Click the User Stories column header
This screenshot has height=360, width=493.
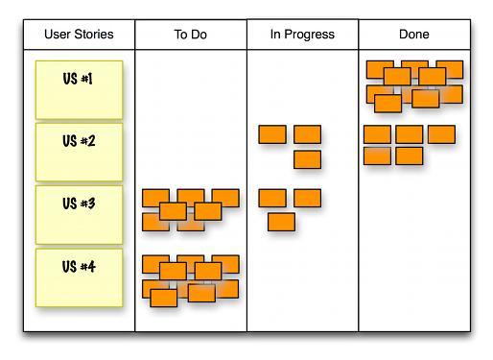point(79,35)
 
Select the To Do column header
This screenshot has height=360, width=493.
point(191,35)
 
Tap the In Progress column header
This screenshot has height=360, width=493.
point(302,35)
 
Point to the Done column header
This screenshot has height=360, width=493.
point(413,35)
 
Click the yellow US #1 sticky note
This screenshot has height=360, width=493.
point(79,88)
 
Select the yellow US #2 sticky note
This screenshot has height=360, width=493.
point(79,151)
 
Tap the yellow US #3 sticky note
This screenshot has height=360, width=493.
point(79,214)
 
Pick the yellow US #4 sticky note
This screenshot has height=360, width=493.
point(79,277)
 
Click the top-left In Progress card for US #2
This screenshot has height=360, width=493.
point(272,134)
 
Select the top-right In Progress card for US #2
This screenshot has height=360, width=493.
point(307,134)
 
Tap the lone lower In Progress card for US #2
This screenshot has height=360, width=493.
point(307,159)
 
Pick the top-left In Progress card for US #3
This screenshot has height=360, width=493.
point(272,198)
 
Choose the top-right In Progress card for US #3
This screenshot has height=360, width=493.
point(307,198)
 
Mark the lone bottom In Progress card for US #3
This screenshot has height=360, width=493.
point(281,222)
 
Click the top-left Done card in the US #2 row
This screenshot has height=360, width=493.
point(377,134)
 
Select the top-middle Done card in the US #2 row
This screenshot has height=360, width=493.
point(410,134)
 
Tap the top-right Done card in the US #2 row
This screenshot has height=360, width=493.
point(441,134)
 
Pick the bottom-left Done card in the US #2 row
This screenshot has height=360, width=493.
point(377,156)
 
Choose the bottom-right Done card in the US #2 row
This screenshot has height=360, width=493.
point(410,156)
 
